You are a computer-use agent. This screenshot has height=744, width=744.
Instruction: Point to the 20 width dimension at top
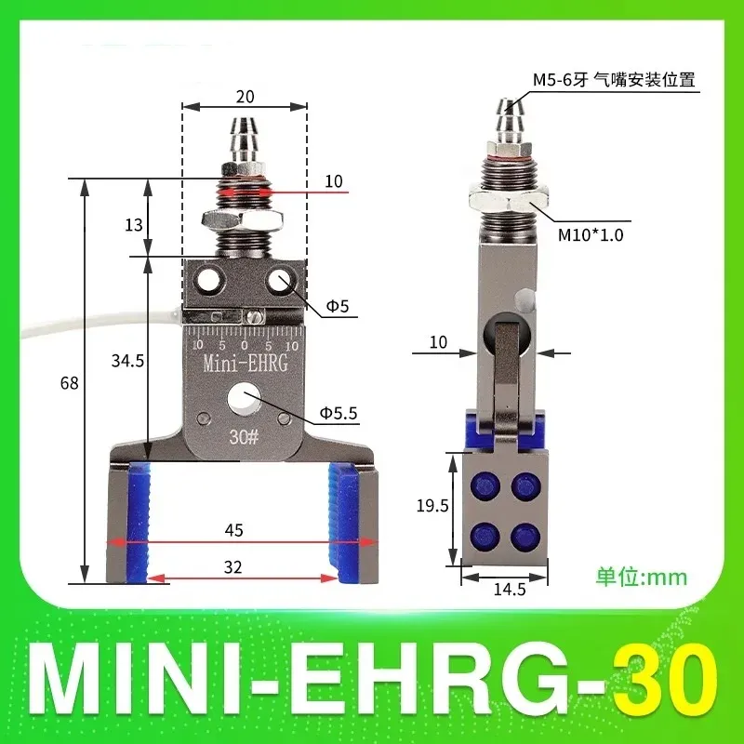pyautogui.click(x=245, y=96)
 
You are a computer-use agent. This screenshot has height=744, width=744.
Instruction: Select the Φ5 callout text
pyautogui.click(x=337, y=306)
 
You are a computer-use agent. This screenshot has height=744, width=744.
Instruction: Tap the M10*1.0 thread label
pyautogui.click(x=590, y=236)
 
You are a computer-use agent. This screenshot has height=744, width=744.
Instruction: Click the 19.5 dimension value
pyautogui.click(x=430, y=506)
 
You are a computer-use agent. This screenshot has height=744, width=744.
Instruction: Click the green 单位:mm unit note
pyautogui.click(x=641, y=577)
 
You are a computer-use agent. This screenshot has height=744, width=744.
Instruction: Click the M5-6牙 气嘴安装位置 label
pyautogui.click(x=613, y=81)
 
